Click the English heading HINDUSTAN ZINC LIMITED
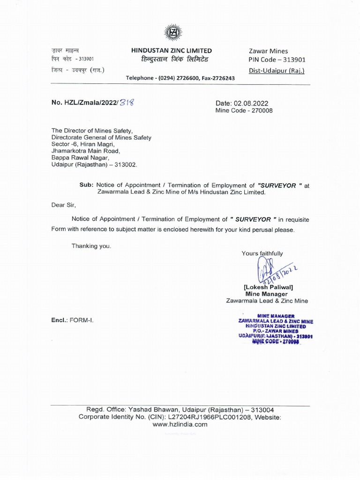[x=172, y=51]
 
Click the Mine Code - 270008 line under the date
[x=244, y=111]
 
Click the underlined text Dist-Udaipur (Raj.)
[x=277, y=71]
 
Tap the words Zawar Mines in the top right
[x=268, y=51]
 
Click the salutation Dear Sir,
[x=63, y=205]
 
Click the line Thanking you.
[x=91, y=246]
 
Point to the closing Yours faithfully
[x=262, y=254]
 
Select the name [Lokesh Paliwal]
[x=268, y=287]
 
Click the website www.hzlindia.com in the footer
[x=180, y=424]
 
